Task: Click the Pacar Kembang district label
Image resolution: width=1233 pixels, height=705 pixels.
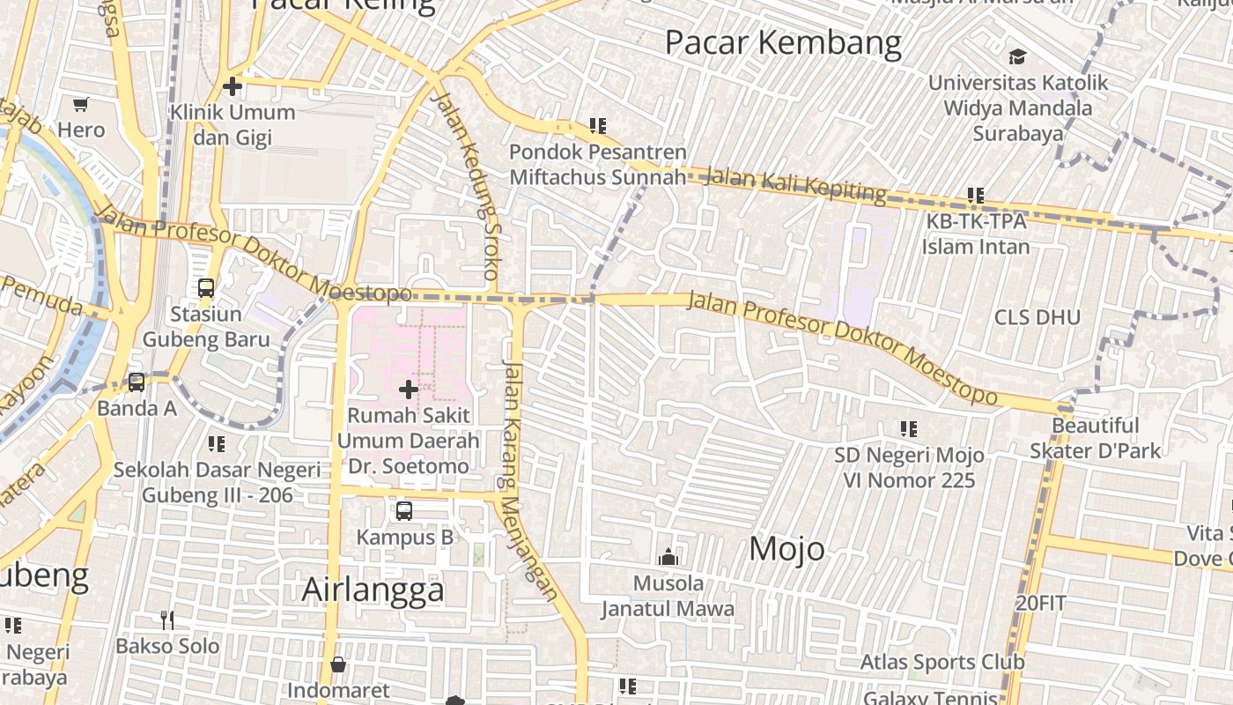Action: point(783,42)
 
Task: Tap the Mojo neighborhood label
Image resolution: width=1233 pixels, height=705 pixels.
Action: point(787,549)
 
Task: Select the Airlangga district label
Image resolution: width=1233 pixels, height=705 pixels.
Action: point(373,590)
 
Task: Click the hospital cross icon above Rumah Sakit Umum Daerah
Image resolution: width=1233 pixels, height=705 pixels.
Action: point(409,389)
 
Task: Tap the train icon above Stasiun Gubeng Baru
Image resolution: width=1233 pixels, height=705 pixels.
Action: point(206,288)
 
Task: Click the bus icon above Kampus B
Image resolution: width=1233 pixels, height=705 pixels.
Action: point(404,511)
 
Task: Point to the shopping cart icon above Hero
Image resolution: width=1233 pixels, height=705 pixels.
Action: point(81,105)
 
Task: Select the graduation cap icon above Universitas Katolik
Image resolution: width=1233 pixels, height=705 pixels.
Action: point(1018,57)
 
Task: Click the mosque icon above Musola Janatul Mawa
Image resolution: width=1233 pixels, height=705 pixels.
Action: point(668,557)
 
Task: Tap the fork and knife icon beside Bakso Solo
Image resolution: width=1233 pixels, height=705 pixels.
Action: point(167,620)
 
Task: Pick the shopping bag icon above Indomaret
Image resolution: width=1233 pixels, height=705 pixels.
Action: point(338,664)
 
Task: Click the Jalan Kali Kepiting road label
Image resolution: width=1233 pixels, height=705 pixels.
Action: point(796,185)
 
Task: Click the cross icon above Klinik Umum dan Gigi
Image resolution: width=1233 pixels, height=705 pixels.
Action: point(233,86)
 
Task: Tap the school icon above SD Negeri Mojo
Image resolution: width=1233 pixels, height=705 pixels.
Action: point(909,429)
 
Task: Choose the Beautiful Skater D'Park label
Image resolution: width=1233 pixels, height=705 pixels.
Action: point(1096,438)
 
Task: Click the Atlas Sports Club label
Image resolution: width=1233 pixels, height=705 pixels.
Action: point(942,662)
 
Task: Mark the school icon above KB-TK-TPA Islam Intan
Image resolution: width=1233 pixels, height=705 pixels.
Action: point(975,195)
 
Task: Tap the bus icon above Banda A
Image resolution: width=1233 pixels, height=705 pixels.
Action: point(137,382)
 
